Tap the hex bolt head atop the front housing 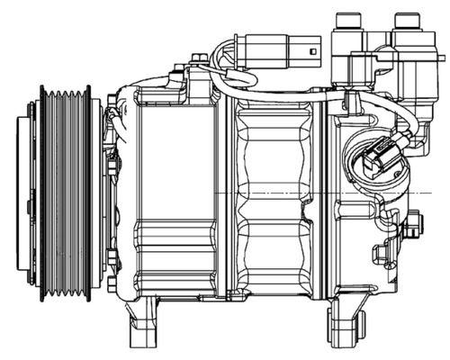(x=200, y=60)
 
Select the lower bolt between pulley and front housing (x=111, y=284)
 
